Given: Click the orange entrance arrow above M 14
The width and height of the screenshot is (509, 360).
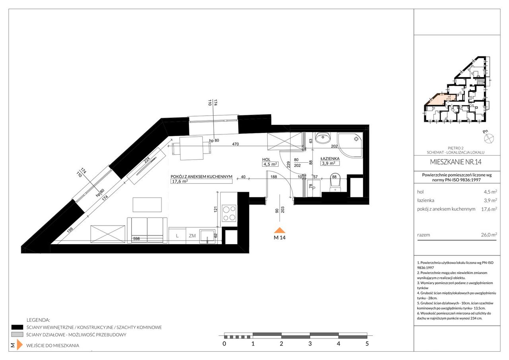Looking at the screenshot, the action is pyautogui.click(x=280, y=230).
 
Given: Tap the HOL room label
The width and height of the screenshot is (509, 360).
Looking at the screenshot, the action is pyautogui.click(x=266, y=160).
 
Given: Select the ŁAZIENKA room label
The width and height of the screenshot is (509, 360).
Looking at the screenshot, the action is pyautogui.click(x=330, y=158).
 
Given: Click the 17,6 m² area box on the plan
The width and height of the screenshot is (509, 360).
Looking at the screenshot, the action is pyautogui.click(x=201, y=181).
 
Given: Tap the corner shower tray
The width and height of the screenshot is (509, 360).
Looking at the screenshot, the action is pyautogui.click(x=350, y=145).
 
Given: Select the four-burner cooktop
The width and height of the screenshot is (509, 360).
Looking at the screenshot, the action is pyautogui.click(x=229, y=213).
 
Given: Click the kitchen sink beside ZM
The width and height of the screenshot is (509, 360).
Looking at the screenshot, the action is pyautogui.click(x=207, y=236).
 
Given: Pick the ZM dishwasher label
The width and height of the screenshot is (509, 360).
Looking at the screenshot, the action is pyautogui.click(x=192, y=236).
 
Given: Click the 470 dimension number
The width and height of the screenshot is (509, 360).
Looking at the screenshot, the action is pyautogui.click(x=235, y=144).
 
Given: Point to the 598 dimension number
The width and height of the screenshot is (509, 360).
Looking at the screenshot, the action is pyautogui.click(x=136, y=238).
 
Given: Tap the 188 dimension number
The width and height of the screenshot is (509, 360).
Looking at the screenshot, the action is pyautogui.click(x=274, y=177).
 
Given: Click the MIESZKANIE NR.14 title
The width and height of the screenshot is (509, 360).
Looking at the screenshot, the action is pyautogui.click(x=456, y=162).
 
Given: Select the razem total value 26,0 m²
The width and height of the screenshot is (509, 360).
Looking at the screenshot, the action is pyautogui.click(x=489, y=235).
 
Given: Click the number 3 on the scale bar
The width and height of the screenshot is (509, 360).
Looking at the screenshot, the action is pyautogui.click(x=310, y=344).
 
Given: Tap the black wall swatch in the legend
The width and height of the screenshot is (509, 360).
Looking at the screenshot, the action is pyautogui.click(x=17, y=327).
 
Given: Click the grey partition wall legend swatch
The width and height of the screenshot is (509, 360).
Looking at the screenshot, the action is pyautogui.click(x=17, y=335).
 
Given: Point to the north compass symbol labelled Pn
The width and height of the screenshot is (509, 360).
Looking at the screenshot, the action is pyautogui.click(x=489, y=138).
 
